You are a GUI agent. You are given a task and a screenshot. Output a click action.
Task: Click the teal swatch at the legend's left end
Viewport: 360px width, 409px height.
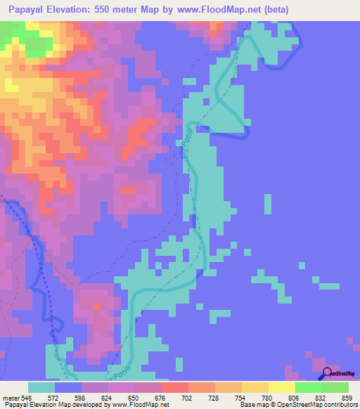[x=41, y=387]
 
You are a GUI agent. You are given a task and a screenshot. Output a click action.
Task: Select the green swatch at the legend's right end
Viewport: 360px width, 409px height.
[x=335, y=387]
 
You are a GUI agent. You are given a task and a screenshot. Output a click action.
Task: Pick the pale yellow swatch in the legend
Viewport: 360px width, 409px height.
[x=282, y=387]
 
